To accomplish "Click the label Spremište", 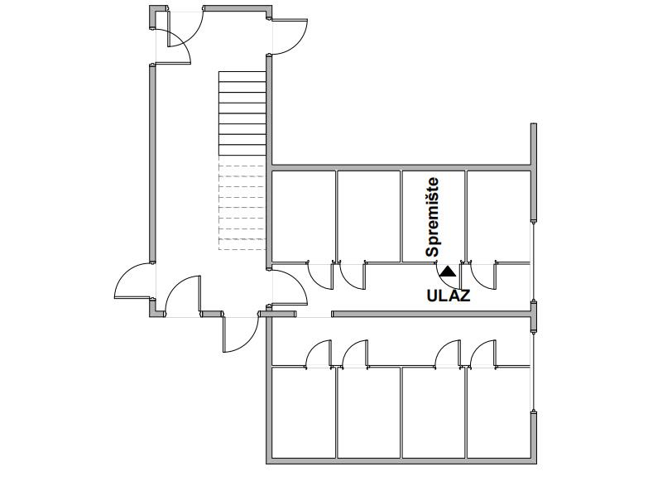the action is click(x=432, y=217).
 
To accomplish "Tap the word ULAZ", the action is click(x=448, y=295).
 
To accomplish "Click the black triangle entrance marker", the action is click(x=448, y=271).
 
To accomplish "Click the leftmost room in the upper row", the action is click(x=304, y=215).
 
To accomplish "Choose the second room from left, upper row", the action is click(x=368, y=215).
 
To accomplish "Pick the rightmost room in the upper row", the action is click(x=498, y=215).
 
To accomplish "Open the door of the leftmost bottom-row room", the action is click(x=319, y=354).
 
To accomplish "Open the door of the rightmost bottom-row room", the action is click(x=483, y=354).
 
